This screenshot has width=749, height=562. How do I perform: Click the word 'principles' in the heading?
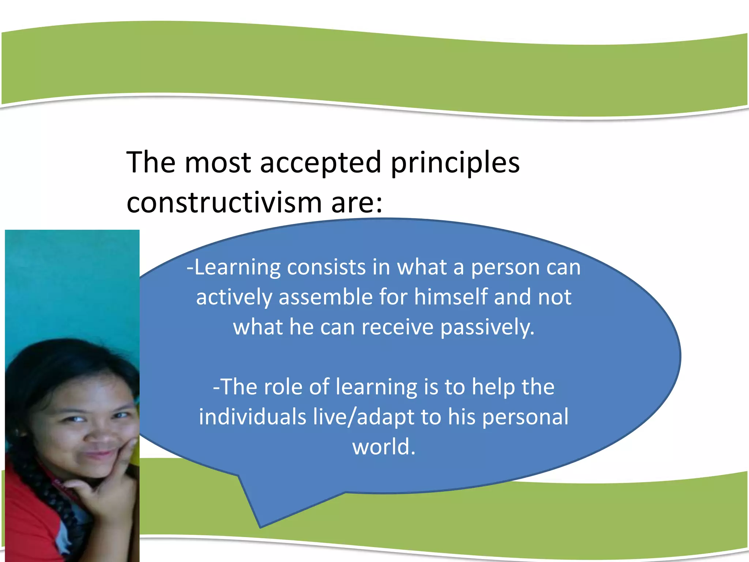click(x=455, y=163)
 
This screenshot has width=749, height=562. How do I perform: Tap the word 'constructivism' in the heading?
click(x=223, y=202)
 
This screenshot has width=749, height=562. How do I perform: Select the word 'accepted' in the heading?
click(x=320, y=163)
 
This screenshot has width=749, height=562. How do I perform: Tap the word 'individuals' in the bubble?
click(x=252, y=417)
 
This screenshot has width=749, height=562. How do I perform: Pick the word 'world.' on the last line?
click(x=384, y=447)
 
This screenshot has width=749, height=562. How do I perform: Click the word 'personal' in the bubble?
click(x=525, y=417)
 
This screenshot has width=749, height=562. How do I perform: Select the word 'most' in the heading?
click(x=217, y=163)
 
